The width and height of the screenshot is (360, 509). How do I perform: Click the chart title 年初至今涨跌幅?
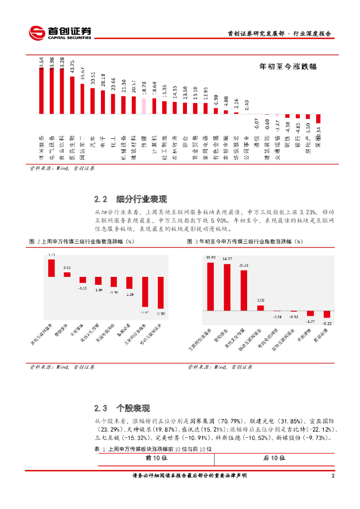[x=288, y=66]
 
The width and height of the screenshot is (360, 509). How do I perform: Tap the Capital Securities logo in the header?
[x=60, y=32]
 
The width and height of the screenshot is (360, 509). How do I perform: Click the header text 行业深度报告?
[x=312, y=34]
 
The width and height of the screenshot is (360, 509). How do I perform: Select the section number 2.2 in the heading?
[x=101, y=200]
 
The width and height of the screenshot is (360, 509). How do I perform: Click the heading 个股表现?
[x=133, y=409]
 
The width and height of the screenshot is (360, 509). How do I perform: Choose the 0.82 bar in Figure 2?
[x=67, y=274]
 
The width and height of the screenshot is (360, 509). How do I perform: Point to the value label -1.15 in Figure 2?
[x=83, y=288]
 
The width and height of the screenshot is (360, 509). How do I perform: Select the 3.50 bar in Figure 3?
[x=261, y=308]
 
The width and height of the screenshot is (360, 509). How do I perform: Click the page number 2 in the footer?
[x=333, y=476]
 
